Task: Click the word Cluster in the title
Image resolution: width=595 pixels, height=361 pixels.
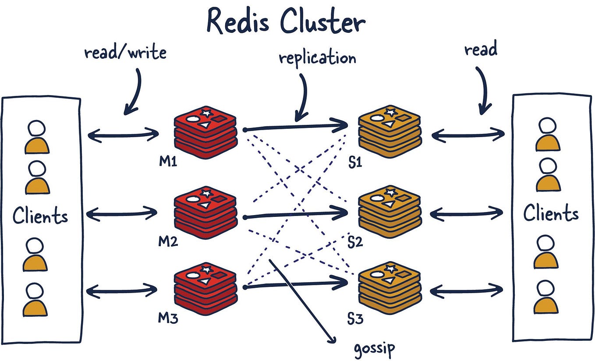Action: coord(322,22)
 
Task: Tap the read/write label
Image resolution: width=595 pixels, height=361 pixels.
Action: coord(125,53)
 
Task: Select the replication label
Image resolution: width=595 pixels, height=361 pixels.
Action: coord(317,58)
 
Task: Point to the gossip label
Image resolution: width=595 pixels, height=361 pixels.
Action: coord(374,348)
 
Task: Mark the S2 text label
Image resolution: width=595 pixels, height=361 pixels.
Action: coord(355,241)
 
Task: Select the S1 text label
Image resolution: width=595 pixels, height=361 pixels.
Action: coord(355,163)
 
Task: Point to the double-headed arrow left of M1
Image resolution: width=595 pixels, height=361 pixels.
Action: coord(124,135)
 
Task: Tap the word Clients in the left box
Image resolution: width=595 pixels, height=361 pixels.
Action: coord(40,216)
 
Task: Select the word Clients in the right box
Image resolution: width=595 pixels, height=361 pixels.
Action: coord(551,213)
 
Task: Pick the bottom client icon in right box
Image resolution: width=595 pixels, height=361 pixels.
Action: coord(546,297)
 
